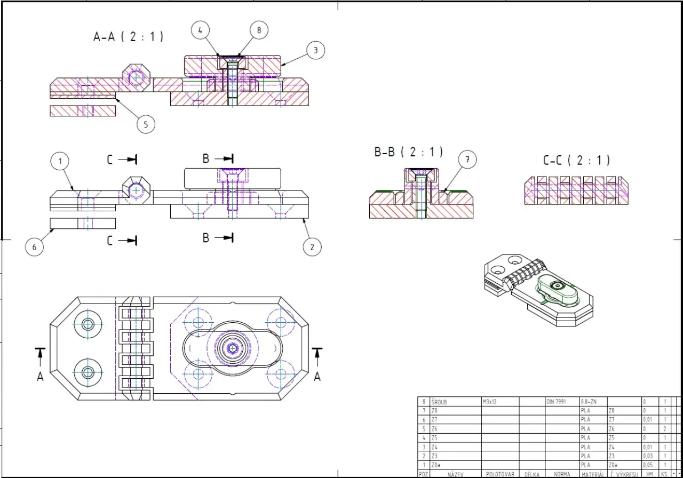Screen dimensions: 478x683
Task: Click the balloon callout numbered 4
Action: click(200, 31)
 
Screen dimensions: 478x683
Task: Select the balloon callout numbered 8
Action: click(259, 30)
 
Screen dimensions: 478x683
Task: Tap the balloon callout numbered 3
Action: click(315, 50)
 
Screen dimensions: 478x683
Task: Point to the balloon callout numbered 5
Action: click(146, 124)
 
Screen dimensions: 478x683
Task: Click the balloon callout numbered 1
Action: click(60, 161)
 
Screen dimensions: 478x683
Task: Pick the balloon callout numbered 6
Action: click(35, 246)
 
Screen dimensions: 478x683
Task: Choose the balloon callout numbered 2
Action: click(312, 246)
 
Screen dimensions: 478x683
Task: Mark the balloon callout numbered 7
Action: click(467, 160)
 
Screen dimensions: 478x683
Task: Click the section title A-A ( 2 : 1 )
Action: click(128, 37)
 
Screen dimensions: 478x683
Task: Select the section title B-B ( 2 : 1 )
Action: click(409, 152)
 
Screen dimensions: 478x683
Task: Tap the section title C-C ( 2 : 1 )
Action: click(576, 160)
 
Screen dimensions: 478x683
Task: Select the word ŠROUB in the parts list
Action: click(440, 402)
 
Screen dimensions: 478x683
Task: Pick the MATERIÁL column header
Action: click(592, 474)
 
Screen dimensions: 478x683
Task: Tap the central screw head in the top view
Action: click(233, 348)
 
